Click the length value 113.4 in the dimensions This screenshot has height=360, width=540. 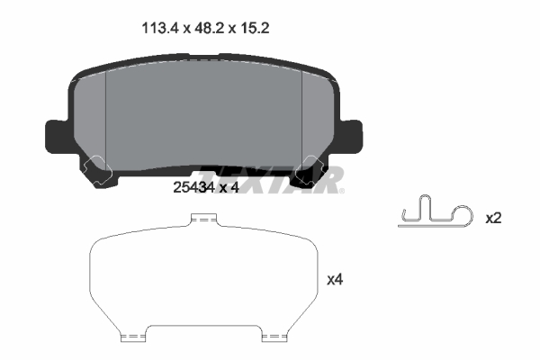click(x=160, y=28)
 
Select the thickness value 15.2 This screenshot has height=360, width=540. click(x=255, y=28)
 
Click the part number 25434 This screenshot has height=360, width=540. click(x=193, y=188)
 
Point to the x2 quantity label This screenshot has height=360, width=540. click(x=493, y=219)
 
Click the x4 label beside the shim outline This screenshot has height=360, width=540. click(x=335, y=280)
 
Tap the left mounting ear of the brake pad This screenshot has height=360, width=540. click(x=57, y=137)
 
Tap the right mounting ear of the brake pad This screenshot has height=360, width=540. click(x=351, y=137)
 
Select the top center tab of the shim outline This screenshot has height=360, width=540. click(x=204, y=219)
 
